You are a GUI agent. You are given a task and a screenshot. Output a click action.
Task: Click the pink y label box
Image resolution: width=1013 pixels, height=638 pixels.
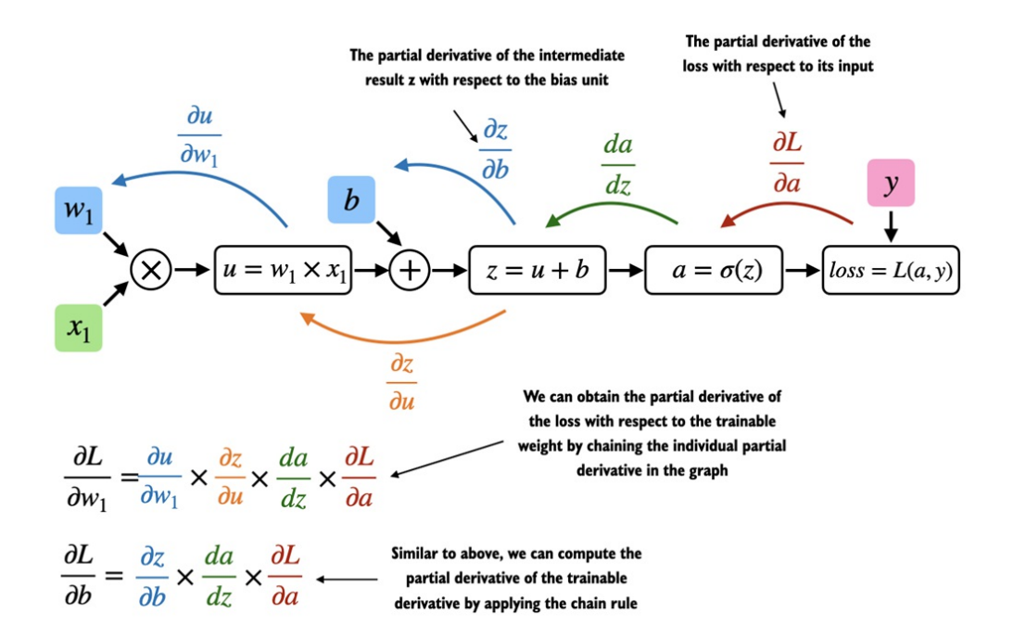(891, 183)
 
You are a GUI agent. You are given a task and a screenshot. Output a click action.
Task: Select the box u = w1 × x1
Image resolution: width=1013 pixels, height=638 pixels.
(284, 270)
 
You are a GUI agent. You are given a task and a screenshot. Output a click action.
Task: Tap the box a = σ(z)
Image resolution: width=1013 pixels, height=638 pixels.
(714, 270)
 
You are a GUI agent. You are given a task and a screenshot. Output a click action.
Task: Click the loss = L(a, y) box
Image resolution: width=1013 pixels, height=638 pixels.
(891, 270)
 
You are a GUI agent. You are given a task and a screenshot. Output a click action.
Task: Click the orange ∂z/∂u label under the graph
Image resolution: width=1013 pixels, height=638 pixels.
(401, 379)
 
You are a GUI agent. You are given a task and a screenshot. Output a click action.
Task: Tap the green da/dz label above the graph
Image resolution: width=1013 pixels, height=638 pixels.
(617, 166)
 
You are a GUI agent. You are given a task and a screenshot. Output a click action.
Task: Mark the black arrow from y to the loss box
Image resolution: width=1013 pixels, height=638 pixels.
(891, 224)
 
